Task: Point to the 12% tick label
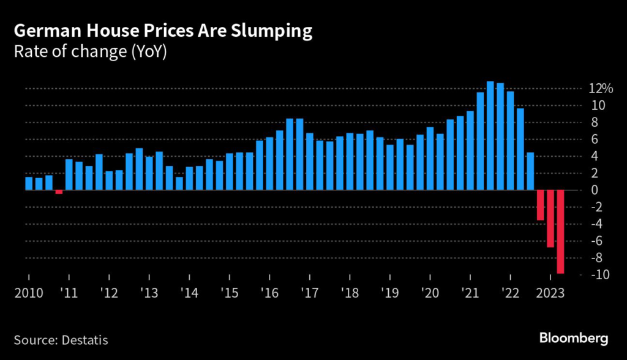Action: click(x=600, y=89)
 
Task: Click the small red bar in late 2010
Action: click(x=59, y=192)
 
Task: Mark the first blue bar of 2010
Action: click(x=29, y=183)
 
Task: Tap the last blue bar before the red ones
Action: click(x=530, y=171)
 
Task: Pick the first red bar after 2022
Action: click(x=540, y=205)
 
